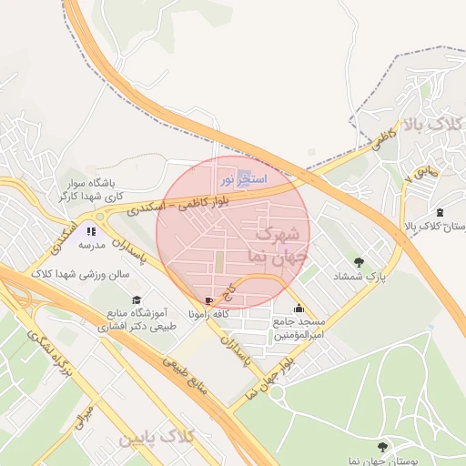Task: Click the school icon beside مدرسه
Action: click(x=91, y=231)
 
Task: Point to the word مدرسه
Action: click(x=92, y=246)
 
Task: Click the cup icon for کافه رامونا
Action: click(x=211, y=300)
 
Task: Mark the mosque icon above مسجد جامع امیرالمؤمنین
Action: click(x=299, y=308)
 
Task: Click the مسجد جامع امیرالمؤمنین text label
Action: click(x=299, y=329)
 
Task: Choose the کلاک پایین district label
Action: click(x=157, y=438)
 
